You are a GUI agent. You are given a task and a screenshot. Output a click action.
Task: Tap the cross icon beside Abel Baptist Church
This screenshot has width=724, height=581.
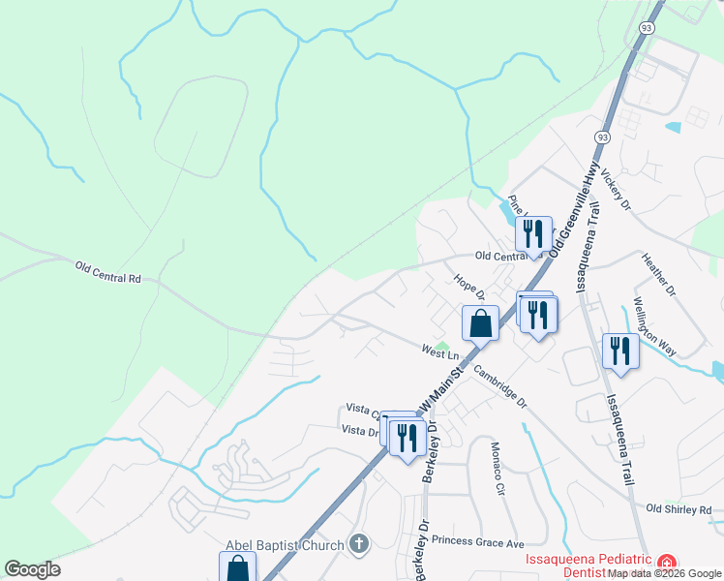[x=358, y=544]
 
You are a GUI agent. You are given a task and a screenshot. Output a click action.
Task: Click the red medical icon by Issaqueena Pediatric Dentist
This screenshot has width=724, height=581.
[x=666, y=563]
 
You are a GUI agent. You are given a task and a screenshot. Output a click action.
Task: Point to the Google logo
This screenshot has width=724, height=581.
[x=32, y=569]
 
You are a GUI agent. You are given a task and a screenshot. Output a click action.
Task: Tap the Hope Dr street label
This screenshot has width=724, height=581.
[x=468, y=286]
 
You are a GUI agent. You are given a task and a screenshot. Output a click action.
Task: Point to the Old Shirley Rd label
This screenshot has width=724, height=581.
[x=678, y=509]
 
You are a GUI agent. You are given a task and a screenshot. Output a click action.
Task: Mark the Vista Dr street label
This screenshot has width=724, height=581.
[x=357, y=430]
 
